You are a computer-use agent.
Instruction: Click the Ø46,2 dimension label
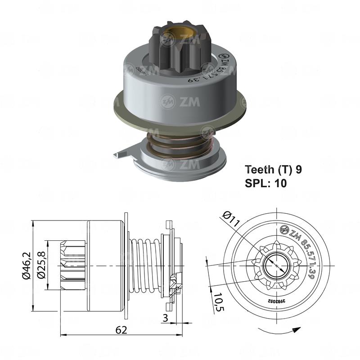(27, 266)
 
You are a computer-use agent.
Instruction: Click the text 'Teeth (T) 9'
(273, 170)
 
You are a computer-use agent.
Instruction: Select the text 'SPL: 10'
(265, 183)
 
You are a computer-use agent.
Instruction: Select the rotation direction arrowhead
(296, 330)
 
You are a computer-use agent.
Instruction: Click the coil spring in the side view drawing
(145, 266)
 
